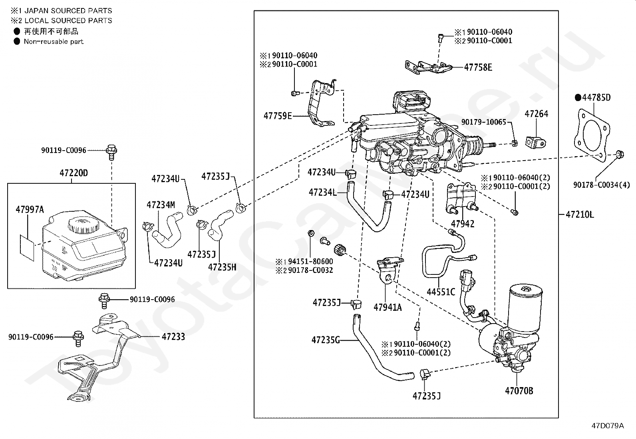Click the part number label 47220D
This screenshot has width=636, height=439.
click(74, 173)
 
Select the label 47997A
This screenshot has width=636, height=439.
click(30, 210)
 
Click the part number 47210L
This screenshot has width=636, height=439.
click(580, 215)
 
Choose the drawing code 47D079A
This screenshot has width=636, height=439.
click(608, 426)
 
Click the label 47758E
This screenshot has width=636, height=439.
click(478, 68)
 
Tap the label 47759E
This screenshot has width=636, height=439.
click(278, 116)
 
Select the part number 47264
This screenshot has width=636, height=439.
click(537, 114)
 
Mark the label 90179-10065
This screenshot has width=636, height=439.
click(484, 122)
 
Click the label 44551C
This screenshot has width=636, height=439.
click(441, 292)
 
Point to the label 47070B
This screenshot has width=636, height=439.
click(519, 391)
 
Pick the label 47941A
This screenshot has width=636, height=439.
click(388, 307)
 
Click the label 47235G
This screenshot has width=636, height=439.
click(326, 340)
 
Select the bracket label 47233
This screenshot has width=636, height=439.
click(173, 337)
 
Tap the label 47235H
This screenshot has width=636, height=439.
click(222, 267)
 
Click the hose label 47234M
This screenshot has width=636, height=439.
click(161, 205)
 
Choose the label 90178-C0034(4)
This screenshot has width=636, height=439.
click(602, 185)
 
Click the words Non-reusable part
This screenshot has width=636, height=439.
click(54, 42)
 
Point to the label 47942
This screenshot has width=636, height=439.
click(463, 224)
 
